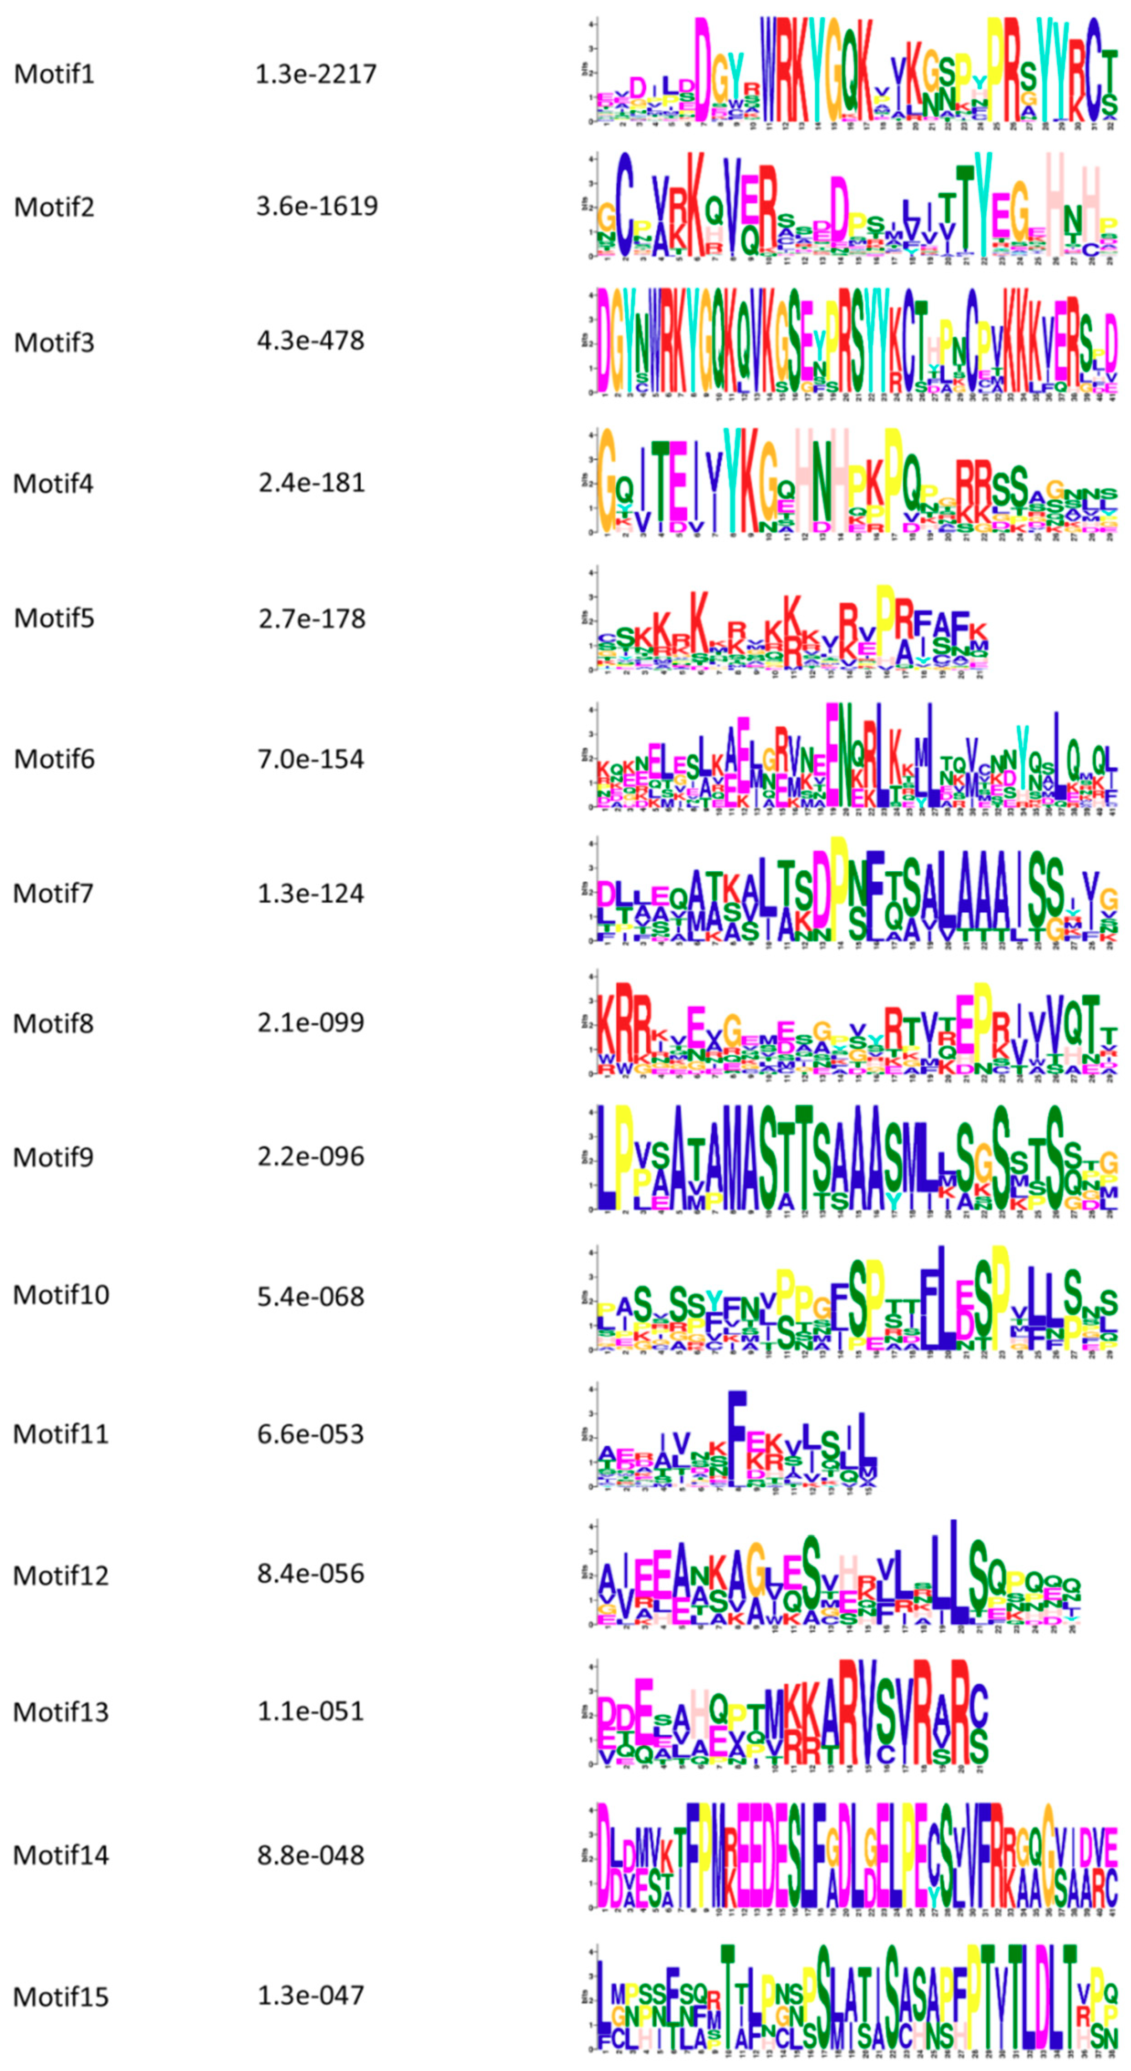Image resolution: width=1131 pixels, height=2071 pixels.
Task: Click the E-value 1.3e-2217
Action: [315, 74]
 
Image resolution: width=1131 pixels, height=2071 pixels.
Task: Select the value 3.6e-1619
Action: [317, 206]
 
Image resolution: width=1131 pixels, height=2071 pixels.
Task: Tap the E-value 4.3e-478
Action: [310, 341]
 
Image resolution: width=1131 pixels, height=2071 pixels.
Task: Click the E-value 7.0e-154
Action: [310, 759]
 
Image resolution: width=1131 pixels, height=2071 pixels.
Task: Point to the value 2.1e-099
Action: [310, 1023]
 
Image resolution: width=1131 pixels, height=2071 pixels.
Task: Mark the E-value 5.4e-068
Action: [310, 1296]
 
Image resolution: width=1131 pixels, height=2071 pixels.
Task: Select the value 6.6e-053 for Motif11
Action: [310, 1434]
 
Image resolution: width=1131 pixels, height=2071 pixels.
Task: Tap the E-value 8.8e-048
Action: [310, 1855]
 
